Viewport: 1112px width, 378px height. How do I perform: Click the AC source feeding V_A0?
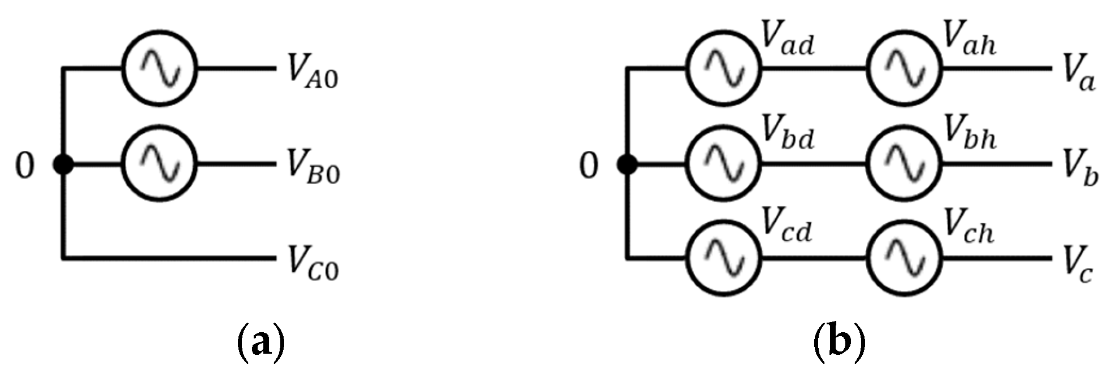160,69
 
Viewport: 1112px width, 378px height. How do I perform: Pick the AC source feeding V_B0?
160,164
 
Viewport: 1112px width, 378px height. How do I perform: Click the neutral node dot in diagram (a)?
63,165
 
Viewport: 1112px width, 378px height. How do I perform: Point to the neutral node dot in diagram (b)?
627,165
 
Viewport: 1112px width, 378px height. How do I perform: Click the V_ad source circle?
724,69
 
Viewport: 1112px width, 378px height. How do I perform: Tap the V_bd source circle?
724,164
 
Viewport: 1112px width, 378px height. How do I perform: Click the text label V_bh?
970,134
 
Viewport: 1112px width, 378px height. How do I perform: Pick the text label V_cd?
787,228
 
